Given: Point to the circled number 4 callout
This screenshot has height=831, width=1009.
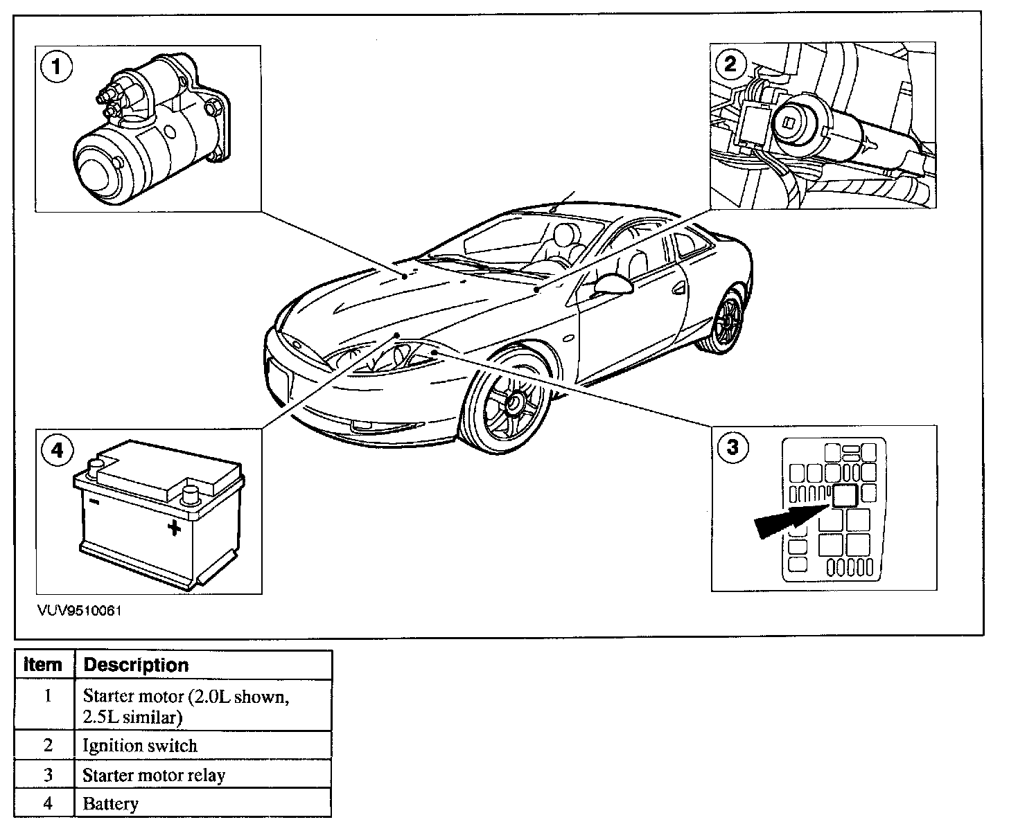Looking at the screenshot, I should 58,451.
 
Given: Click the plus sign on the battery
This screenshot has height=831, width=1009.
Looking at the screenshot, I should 174,528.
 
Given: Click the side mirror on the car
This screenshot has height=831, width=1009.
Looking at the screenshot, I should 613,284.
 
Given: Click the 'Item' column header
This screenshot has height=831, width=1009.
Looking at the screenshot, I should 43,665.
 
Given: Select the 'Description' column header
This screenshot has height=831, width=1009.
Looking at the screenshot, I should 136,665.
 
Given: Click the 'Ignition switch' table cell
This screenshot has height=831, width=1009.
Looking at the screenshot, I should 140,746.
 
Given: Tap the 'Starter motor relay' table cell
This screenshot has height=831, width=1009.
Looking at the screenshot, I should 154,775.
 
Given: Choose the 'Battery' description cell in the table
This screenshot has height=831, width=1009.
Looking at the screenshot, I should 111,804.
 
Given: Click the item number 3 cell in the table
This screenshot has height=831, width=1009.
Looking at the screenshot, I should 47,775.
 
